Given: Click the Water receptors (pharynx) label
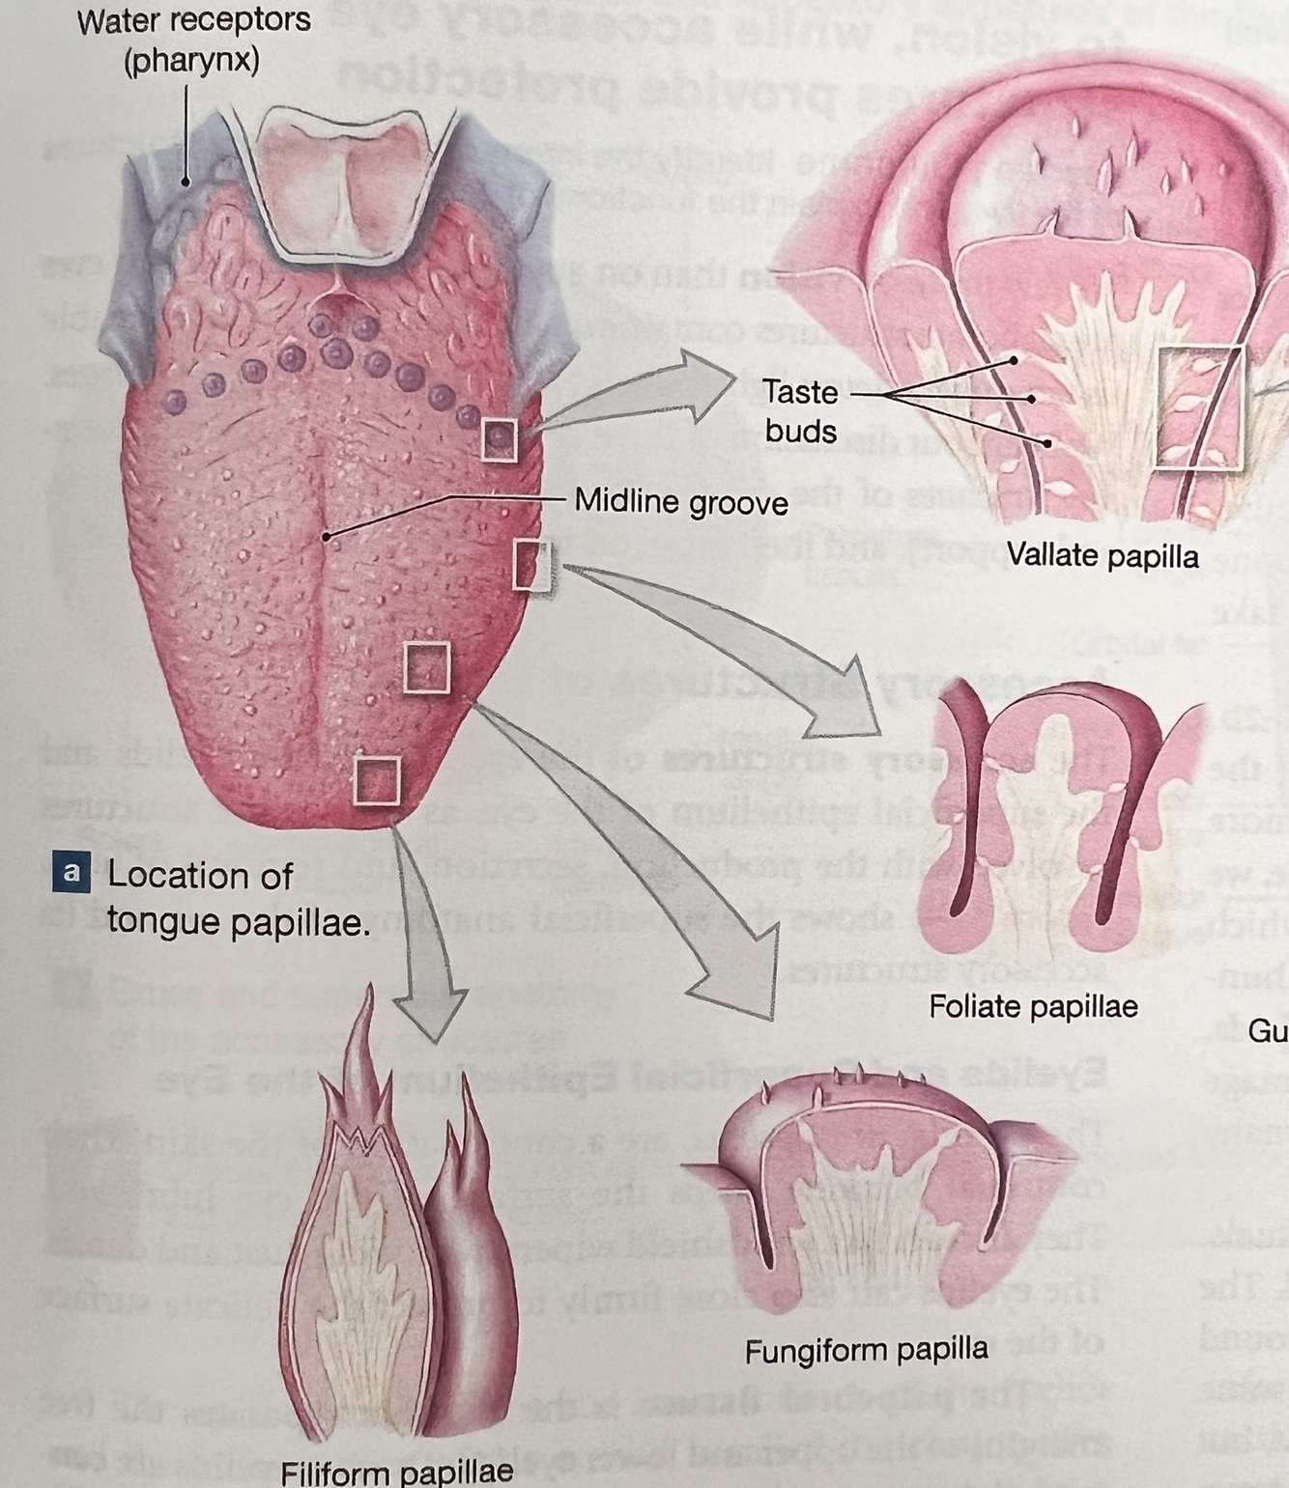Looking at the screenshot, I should tap(193, 40).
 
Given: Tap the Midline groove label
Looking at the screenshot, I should tap(680, 502).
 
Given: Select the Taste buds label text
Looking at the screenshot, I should tap(800, 410).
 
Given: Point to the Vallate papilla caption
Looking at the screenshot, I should tap(1102, 555).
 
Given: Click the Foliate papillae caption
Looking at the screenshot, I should tap(1033, 1007).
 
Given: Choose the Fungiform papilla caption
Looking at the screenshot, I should tap(866, 1349).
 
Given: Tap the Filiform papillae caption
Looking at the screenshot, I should tap(396, 1472).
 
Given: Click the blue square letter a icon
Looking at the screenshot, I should tap(71, 872).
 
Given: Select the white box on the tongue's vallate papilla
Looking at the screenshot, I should tap(499, 439).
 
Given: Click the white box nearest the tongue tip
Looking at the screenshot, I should tap(376, 780).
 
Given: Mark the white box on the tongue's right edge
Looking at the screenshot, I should tap(531, 565).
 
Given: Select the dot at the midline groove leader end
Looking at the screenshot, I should tap(328, 535).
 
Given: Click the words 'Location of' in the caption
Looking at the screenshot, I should tap(200, 875).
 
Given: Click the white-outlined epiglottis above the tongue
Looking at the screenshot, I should tap(349, 183).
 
